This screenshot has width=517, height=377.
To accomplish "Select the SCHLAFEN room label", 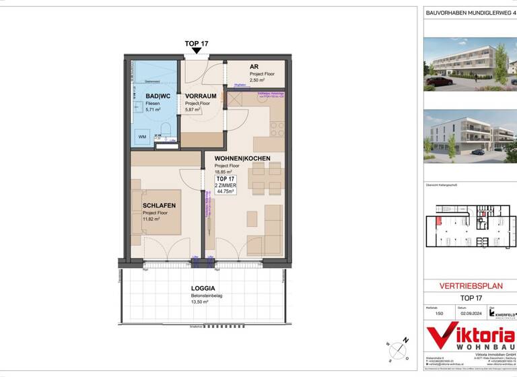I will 159,206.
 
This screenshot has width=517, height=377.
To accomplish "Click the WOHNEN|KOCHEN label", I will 242,158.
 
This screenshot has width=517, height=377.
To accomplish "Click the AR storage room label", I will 254,67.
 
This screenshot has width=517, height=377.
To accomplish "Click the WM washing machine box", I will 143,137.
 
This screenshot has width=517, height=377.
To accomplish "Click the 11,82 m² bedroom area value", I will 151,219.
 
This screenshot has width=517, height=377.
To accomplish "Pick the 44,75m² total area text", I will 225,191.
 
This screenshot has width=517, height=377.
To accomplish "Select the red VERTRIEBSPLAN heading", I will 471,285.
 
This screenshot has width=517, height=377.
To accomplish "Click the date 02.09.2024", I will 471,313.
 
